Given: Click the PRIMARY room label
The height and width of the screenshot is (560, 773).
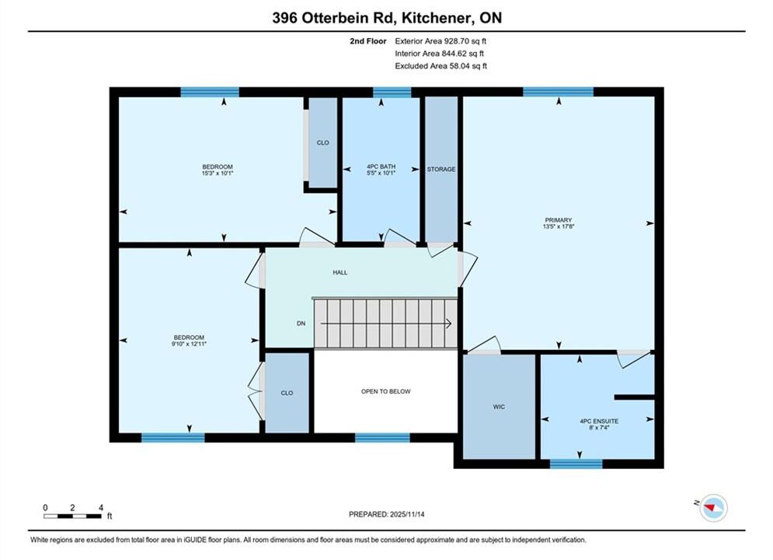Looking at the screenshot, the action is click(559, 220).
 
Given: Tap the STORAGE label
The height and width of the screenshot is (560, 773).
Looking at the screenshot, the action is click(441, 170).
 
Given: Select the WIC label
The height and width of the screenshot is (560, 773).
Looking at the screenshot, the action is click(499, 407).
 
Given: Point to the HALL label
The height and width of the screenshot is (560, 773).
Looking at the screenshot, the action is click(340, 272).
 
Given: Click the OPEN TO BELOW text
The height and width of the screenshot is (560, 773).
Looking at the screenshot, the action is click(386, 392).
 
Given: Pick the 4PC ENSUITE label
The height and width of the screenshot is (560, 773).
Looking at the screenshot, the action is click(599, 422).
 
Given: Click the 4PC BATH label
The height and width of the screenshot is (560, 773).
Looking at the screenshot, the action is click(381, 166).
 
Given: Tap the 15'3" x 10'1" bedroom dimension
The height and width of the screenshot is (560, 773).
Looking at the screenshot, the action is click(218, 173).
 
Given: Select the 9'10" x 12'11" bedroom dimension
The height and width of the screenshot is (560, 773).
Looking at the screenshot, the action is click(189, 344).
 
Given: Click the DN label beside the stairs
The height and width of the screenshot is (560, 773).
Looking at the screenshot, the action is click(301, 324).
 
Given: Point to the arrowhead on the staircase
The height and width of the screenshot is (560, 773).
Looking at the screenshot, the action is click(448, 324).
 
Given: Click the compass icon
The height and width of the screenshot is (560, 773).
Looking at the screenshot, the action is click(713, 508).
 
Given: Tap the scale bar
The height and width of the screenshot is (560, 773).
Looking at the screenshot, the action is click(72, 516).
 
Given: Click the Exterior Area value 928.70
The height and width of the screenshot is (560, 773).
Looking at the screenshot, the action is click(458, 41).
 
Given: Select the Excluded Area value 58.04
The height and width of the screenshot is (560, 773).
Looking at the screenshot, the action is click(459, 66).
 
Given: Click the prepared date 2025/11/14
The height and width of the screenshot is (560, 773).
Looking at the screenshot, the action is click(407, 514).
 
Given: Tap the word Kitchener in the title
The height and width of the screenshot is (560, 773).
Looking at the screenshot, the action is click(434, 18).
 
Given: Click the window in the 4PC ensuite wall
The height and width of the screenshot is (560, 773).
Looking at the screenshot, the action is click(576, 464).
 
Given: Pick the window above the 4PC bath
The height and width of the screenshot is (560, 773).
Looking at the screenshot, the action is click(392, 93).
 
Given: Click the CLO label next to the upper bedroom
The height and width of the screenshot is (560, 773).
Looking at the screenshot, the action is click(323, 142).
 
